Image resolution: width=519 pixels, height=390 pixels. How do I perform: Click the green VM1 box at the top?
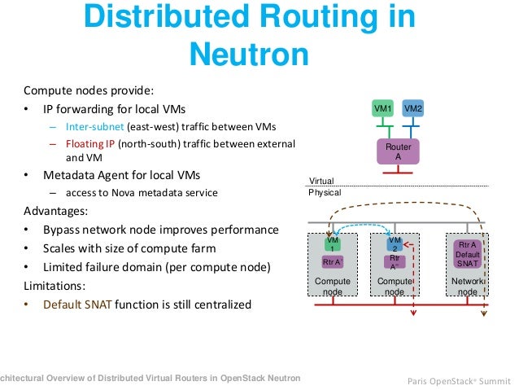[x=382, y=109]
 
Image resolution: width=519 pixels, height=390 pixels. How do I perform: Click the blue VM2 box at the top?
[x=412, y=109]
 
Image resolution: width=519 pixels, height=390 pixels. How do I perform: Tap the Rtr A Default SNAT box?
[x=468, y=254]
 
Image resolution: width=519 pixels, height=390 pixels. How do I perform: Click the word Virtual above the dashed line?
[x=321, y=182]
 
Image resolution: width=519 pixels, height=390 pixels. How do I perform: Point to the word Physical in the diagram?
[x=325, y=193]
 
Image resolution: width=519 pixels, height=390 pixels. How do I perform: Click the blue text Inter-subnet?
[x=91, y=126]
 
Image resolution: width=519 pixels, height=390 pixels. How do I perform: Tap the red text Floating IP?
[x=87, y=144]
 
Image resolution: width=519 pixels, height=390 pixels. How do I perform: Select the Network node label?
[x=468, y=286]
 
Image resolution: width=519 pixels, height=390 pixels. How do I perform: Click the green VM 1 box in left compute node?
[x=332, y=244]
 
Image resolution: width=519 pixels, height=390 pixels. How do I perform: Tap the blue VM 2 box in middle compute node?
[x=395, y=244]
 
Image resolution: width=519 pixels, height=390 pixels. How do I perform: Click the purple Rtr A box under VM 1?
[x=332, y=261]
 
